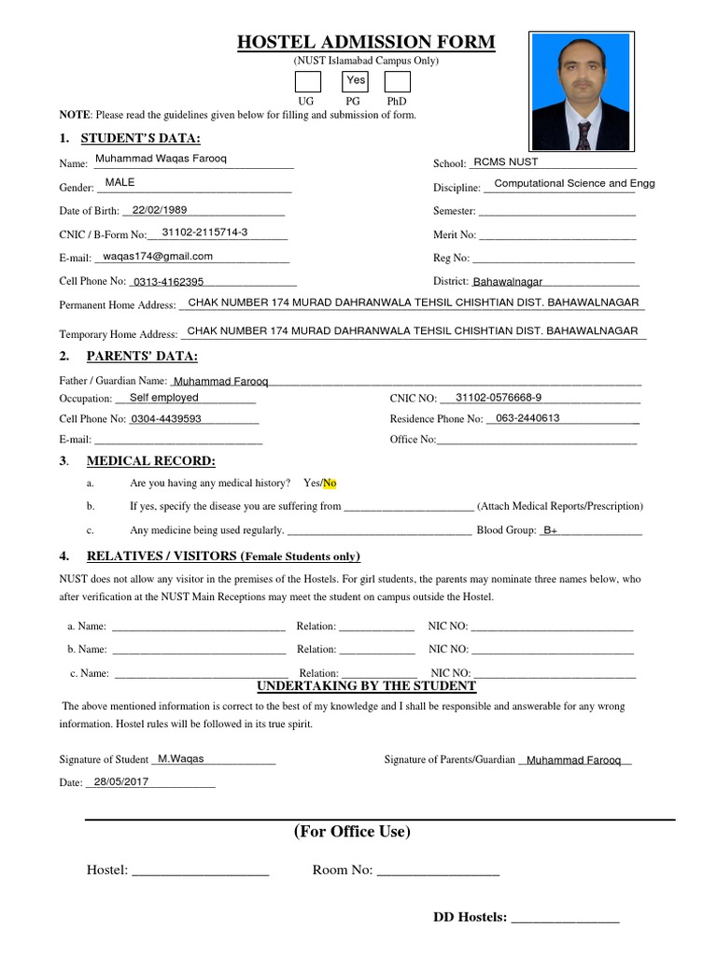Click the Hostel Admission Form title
click(x=365, y=42)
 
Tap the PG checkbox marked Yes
click(x=356, y=81)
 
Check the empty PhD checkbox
click(x=397, y=81)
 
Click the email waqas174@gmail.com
click(x=158, y=256)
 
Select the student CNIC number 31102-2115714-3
click(x=204, y=232)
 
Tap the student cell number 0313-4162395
click(x=168, y=281)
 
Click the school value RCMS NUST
click(x=506, y=162)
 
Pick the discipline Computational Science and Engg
click(x=574, y=183)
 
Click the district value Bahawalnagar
click(x=507, y=281)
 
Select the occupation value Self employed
click(x=164, y=398)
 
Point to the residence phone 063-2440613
click(x=527, y=418)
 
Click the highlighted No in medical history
click(x=330, y=483)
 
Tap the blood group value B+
click(x=551, y=530)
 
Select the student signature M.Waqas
click(x=181, y=759)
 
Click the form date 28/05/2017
click(x=121, y=781)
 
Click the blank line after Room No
click(x=438, y=871)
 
